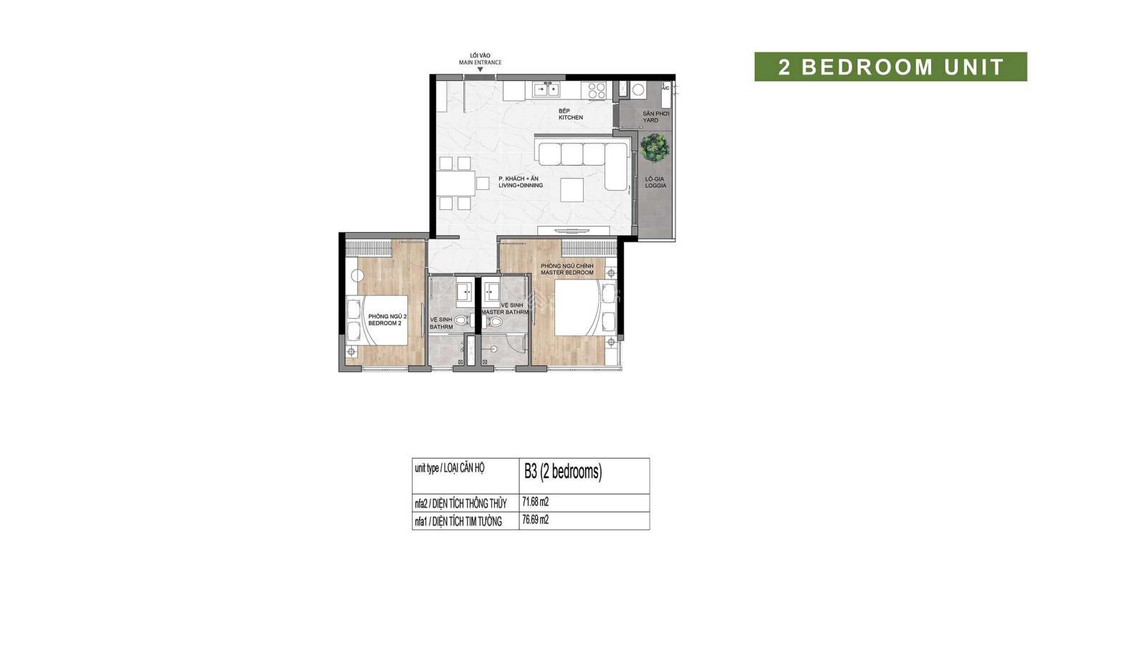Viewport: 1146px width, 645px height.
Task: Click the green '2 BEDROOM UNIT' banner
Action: click(x=890, y=67)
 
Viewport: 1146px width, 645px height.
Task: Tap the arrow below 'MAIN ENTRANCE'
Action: click(x=480, y=70)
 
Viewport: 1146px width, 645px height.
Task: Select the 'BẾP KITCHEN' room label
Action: click(x=570, y=114)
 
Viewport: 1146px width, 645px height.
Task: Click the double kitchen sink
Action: click(x=546, y=90)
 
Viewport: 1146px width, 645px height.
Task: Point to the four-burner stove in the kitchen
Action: click(x=597, y=90)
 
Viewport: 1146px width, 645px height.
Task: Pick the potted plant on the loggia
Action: click(x=654, y=148)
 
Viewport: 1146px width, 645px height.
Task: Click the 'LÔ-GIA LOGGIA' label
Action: click(x=655, y=182)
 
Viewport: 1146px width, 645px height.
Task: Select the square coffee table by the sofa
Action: click(x=572, y=189)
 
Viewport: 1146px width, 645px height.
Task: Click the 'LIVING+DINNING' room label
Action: click(x=521, y=186)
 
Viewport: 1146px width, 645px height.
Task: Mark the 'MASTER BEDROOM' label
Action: click(x=567, y=273)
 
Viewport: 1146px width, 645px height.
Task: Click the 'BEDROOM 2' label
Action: click(x=385, y=323)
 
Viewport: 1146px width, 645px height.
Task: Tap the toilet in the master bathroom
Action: click(x=493, y=322)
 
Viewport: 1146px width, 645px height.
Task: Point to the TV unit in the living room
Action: click(x=574, y=230)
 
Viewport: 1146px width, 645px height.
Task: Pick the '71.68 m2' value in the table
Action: click(x=535, y=502)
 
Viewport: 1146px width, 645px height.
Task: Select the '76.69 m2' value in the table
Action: click(x=535, y=520)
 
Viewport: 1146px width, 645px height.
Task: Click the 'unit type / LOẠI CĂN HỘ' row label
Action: click(x=450, y=468)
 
